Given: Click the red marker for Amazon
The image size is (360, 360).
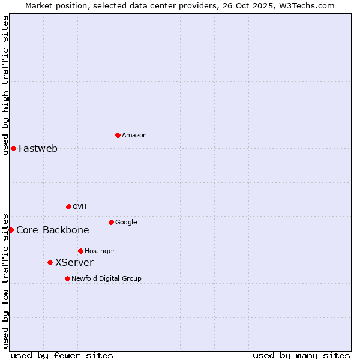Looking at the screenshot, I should (118, 135).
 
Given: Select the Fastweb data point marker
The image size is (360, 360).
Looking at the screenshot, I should (13, 148).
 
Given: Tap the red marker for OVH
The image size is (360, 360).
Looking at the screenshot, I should (68, 206).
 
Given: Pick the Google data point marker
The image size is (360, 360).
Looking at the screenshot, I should (111, 222).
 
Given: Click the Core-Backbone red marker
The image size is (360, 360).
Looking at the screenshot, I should (11, 230).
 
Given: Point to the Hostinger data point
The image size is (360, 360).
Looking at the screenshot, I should (80, 251).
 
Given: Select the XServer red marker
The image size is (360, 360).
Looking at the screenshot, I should (50, 262).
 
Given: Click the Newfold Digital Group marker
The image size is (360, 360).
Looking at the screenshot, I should (67, 278).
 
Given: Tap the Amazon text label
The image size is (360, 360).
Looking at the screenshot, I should (134, 136).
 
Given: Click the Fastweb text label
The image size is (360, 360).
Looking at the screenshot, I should (38, 149).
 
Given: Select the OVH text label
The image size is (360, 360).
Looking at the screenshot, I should (80, 207).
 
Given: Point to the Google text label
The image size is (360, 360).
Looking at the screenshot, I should (126, 223).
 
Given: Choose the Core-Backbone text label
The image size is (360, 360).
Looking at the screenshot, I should (53, 230).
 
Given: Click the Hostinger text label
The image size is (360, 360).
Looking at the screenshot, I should (100, 251).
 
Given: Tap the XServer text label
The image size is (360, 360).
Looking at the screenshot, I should (74, 263).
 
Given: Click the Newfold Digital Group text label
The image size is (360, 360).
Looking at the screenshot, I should (106, 279).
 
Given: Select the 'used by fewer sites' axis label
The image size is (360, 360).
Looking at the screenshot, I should (62, 355).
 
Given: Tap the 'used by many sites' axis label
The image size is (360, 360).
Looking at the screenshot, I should (301, 355).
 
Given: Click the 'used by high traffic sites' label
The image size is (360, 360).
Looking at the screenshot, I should (5, 85).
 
